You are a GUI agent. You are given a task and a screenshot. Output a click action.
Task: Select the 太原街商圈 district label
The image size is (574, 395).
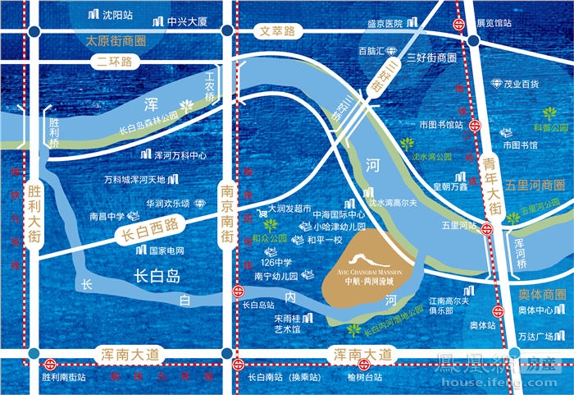click(114, 39)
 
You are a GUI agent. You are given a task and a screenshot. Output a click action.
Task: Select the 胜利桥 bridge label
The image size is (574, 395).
click(55, 132)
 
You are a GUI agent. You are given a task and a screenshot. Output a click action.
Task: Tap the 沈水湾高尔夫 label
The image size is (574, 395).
click(394, 202)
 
